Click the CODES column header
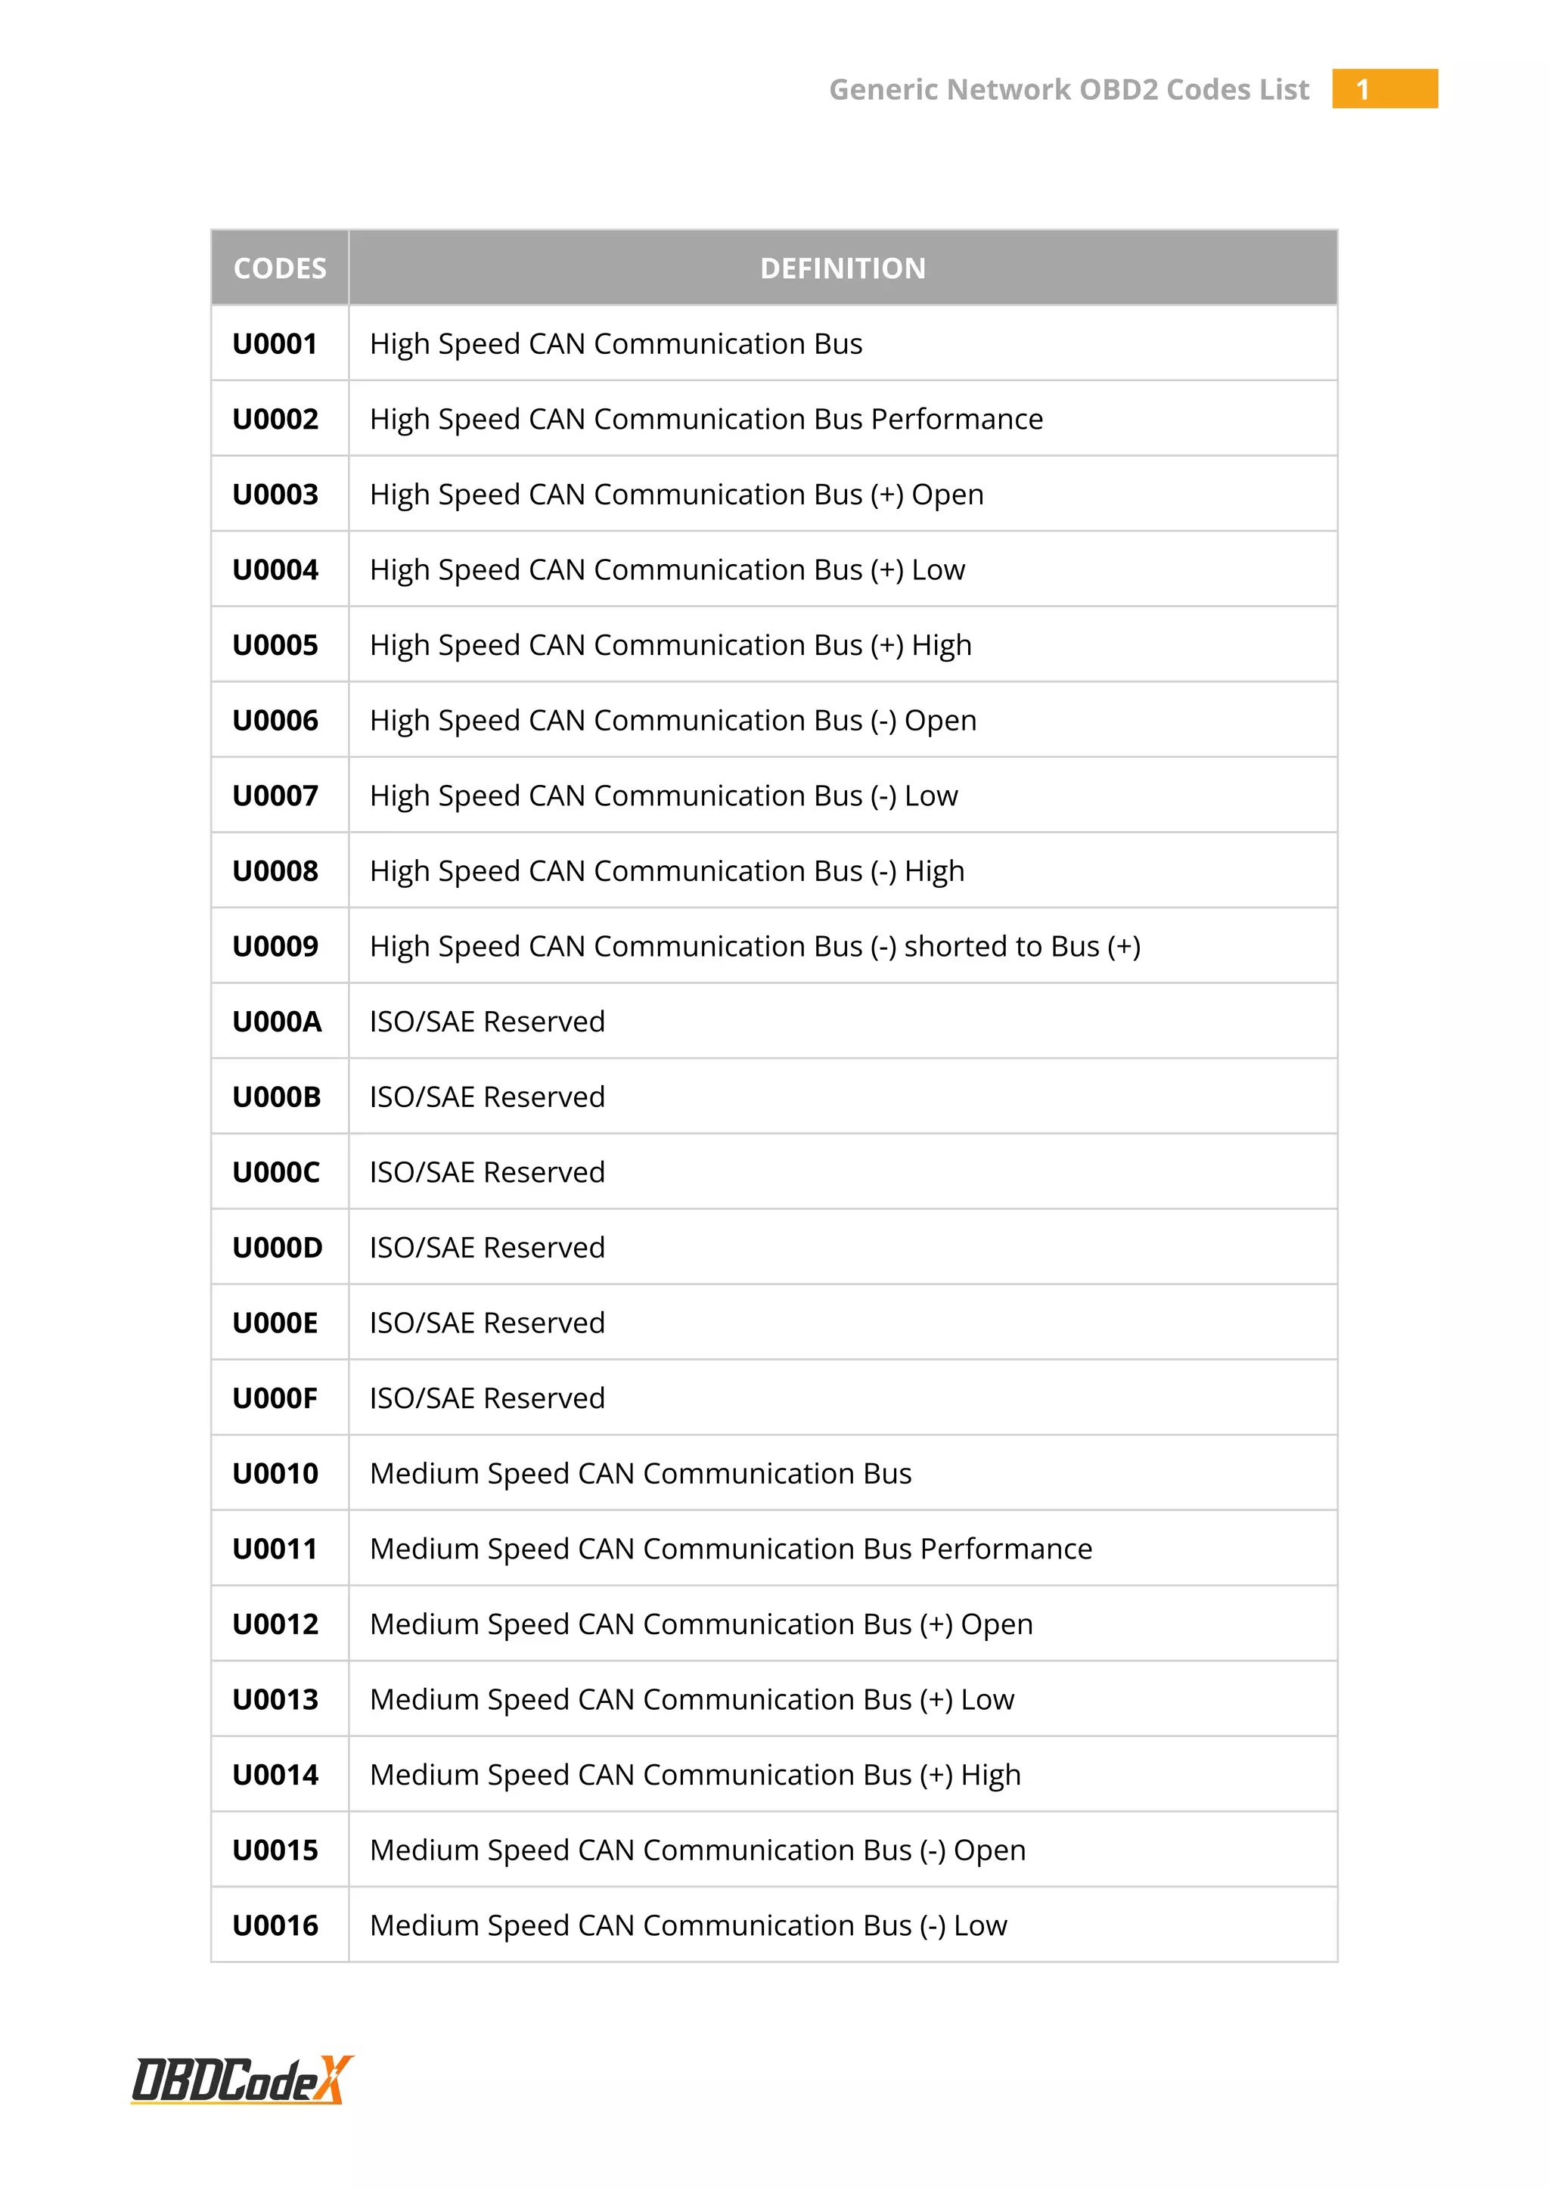(x=279, y=268)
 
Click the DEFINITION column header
(x=843, y=268)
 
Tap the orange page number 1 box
(x=1384, y=88)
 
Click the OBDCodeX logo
(x=241, y=2080)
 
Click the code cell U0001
(x=275, y=343)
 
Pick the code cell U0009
(x=275, y=946)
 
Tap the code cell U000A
(x=277, y=1022)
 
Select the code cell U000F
(x=275, y=1398)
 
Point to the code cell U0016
(x=275, y=1926)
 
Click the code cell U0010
(x=275, y=1474)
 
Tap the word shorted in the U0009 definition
(x=961, y=946)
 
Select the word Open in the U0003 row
(x=947, y=494)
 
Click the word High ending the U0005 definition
(x=942, y=646)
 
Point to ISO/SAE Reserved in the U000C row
(x=487, y=1172)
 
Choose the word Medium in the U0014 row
(x=424, y=1775)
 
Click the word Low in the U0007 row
(x=931, y=796)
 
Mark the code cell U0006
(x=275, y=720)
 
